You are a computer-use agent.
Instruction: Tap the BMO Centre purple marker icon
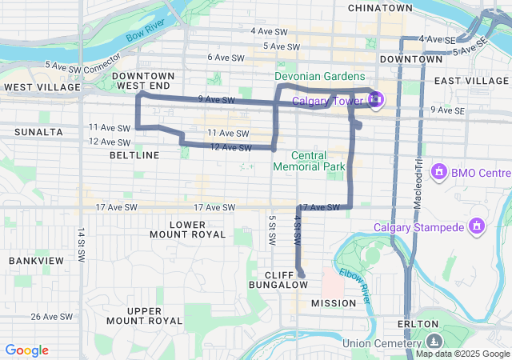[x=438, y=172]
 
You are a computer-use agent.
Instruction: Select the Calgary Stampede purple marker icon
[x=477, y=227]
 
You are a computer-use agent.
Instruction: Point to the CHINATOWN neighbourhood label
[x=380, y=7]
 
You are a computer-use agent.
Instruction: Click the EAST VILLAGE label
[x=471, y=81]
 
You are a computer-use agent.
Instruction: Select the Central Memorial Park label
[x=309, y=161]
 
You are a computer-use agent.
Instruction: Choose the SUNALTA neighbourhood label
[x=38, y=130]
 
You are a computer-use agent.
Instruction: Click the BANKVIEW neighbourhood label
[x=36, y=261]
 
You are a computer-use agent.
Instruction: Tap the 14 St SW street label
[x=81, y=246]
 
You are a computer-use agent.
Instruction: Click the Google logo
[x=27, y=350]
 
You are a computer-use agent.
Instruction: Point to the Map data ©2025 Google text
[x=462, y=354]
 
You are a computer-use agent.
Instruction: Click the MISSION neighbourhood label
[x=334, y=303]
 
